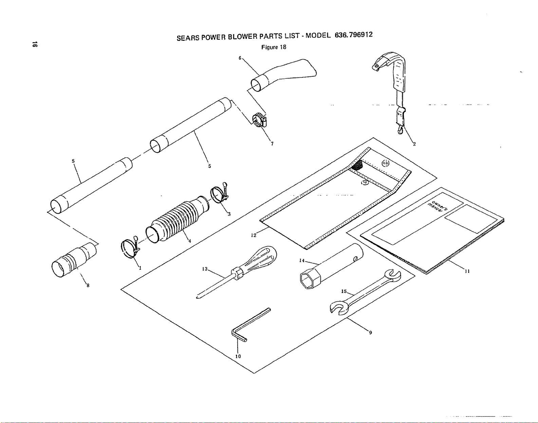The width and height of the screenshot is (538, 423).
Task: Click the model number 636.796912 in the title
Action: (354, 35)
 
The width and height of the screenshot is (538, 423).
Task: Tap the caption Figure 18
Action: (274, 47)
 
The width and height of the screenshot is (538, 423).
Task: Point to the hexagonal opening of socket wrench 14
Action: (307, 281)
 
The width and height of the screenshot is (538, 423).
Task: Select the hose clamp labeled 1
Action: (130, 248)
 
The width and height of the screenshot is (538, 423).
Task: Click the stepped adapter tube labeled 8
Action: (74, 260)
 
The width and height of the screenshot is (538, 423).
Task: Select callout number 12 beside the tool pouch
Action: (254, 235)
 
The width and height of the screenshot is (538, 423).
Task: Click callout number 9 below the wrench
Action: (370, 333)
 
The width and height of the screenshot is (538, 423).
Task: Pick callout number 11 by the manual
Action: (467, 271)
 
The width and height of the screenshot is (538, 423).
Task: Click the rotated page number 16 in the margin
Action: (35, 45)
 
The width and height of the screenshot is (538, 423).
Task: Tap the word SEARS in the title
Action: (188, 38)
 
